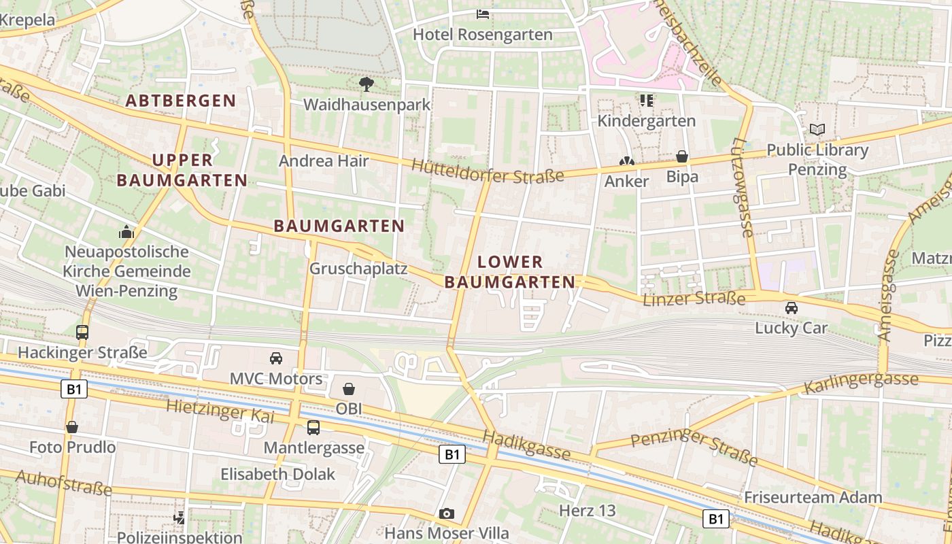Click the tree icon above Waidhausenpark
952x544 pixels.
[367, 84]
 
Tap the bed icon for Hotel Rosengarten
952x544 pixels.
[483, 13]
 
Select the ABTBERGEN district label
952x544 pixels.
[181, 101]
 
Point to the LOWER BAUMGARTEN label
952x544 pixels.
[510, 271]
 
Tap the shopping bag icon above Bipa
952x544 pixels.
[682, 157]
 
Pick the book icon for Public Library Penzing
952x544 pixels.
[817, 129]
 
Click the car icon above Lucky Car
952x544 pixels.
[792, 308]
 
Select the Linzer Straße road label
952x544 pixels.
[694, 298]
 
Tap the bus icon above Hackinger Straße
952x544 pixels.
[82, 333]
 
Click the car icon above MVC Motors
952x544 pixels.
[276, 358]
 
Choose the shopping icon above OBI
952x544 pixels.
[349, 389]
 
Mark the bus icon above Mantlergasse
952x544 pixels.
[313, 428]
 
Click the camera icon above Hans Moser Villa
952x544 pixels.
[446, 513]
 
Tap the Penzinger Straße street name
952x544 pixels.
[694, 447]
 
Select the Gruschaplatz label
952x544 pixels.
[358, 269]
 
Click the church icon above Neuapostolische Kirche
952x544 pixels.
[126, 232]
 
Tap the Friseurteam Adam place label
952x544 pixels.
[813, 497]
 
